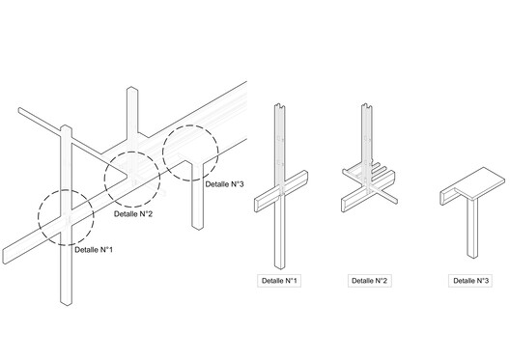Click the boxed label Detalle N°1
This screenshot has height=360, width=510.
pos(279,281)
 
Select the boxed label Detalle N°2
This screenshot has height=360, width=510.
pos(370,281)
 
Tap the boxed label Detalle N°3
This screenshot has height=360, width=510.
pos(470,281)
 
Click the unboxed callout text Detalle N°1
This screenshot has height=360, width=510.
pos(94,250)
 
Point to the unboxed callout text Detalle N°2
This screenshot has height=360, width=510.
pos(133,214)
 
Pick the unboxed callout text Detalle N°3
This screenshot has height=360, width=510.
pos(224,184)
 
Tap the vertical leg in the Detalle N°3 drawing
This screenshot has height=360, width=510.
pos(472,228)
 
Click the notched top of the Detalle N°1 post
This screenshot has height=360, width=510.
pos(280,106)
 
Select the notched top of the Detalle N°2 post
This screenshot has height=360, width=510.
pos(367,106)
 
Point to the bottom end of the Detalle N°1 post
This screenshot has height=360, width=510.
pos(279,266)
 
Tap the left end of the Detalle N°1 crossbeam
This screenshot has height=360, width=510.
pos(257,206)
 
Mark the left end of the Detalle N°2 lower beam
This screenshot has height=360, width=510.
pos(344,206)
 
